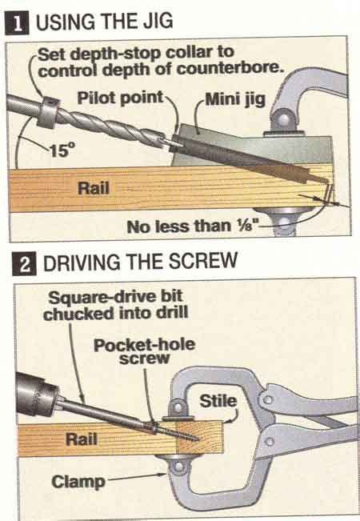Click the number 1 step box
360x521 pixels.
[18, 24]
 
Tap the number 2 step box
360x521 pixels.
[24, 264]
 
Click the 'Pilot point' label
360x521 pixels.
[121, 98]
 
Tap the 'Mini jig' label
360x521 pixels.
[235, 99]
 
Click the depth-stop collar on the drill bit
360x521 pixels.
[48, 113]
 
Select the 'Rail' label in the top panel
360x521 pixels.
[94, 188]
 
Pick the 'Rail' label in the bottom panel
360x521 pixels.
[82, 439]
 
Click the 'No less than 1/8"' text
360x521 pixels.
[193, 226]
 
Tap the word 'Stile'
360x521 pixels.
[218, 401]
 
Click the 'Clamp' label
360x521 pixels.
[78, 482]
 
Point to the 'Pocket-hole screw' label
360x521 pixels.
[144, 351]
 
